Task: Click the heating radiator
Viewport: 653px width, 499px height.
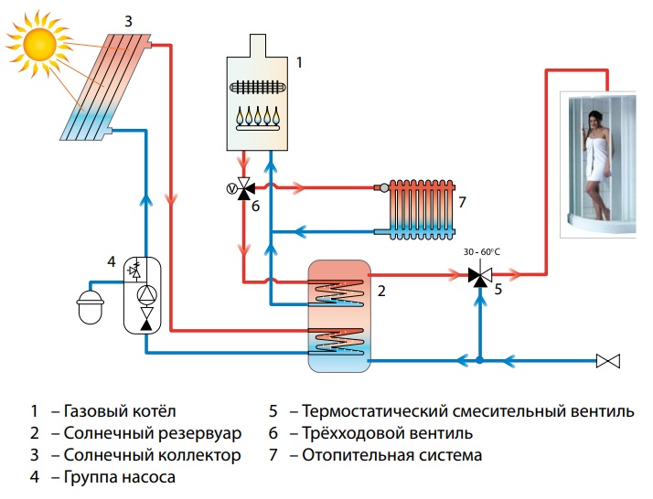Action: pos(422,208)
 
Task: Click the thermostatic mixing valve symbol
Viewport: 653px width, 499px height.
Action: pos(477,273)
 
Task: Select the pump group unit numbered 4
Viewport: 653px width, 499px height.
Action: pos(144,292)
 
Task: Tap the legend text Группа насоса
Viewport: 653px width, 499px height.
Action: pos(119,476)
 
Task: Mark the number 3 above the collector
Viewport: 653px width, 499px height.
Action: pos(128,19)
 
